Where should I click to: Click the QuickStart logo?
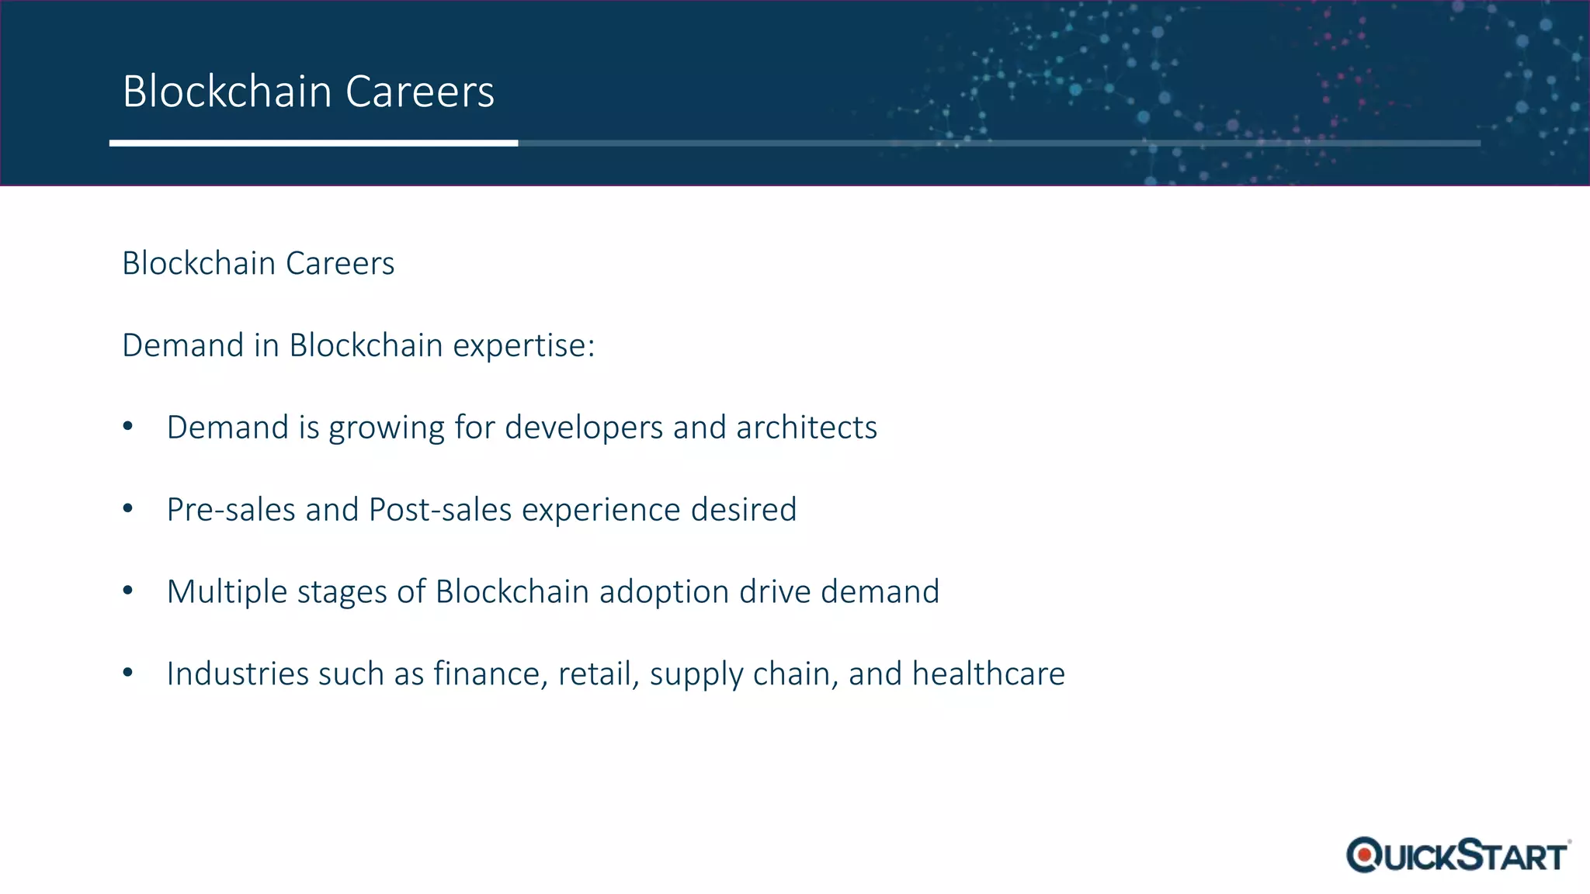point(1458,855)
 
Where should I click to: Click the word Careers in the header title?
point(419,92)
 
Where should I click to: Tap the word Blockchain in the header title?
point(227,92)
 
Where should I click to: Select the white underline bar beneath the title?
point(314,143)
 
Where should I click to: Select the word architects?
point(807,428)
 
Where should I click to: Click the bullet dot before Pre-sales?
point(128,508)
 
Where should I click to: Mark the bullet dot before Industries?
point(128,672)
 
